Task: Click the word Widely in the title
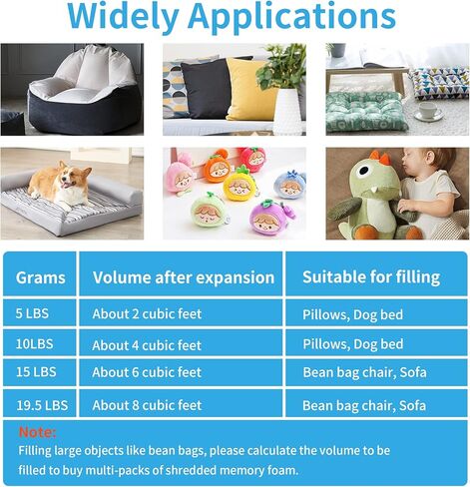click(123, 17)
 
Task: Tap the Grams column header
click(40, 277)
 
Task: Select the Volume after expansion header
click(184, 277)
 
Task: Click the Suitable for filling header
click(371, 277)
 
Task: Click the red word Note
click(37, 432)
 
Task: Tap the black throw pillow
click(206, 88)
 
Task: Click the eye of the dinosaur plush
click(364, 171)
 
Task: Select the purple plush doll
click(271, 219)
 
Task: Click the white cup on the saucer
click(428, 110)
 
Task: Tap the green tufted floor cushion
click(365, 112)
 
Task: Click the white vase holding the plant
click(286, 111)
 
